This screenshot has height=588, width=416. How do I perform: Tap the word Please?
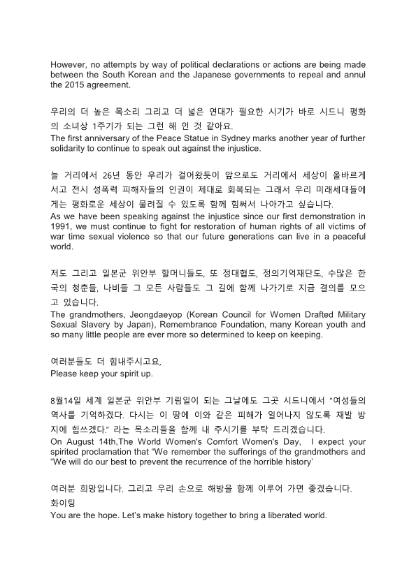coord(65,375)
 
